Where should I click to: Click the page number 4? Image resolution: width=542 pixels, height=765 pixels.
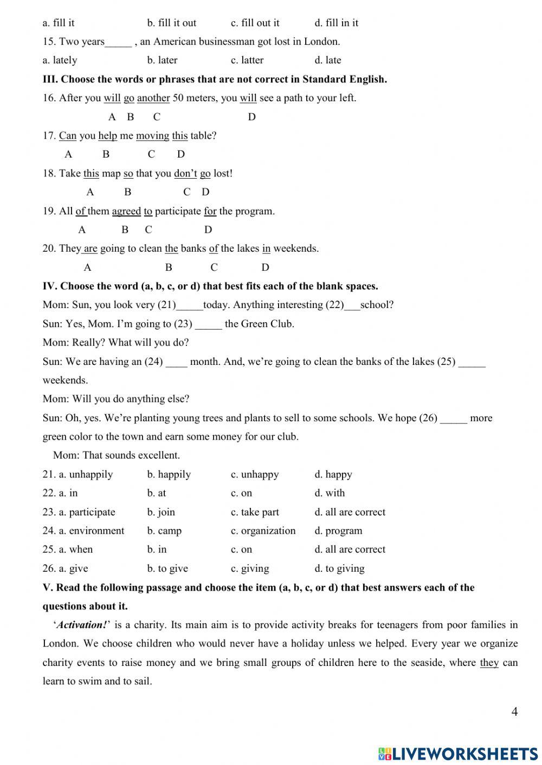coord(514,711)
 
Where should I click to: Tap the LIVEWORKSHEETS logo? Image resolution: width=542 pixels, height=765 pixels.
coord(458,753)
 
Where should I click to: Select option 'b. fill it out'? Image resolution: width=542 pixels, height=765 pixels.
coord(171,23)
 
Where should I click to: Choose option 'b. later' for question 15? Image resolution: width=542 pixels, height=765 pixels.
coord(162,60)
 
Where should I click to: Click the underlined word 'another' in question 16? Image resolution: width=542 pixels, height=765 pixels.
coord(153,98)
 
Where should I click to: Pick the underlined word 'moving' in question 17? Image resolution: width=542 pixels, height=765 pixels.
coord(152,136)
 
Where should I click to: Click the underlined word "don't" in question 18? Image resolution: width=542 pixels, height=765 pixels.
coord(185,173)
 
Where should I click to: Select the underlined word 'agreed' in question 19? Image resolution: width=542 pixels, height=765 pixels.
coord(126,211)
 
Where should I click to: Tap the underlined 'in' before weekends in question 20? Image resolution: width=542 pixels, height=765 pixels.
coord(266,249)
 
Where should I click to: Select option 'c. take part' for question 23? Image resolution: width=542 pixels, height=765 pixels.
coord(255,512)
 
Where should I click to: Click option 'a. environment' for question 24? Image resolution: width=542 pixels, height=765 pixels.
coord(83,531)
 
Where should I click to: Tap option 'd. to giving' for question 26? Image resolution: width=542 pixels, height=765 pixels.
coord(339,568)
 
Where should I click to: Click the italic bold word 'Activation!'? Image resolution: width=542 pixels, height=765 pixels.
coord(81,625)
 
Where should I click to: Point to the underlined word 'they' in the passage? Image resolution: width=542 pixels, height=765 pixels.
coord(489,663)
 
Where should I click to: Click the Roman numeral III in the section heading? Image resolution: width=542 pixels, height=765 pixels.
coord(49,79)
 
